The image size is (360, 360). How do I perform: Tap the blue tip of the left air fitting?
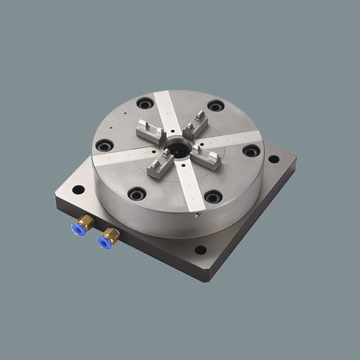[75, 228]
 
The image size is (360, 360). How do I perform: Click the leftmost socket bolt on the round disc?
[104, 146]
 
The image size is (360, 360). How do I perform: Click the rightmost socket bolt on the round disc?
[251, 151]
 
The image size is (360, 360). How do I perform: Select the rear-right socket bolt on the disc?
[215, 106]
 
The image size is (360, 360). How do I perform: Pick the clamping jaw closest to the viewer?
[159, 164]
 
